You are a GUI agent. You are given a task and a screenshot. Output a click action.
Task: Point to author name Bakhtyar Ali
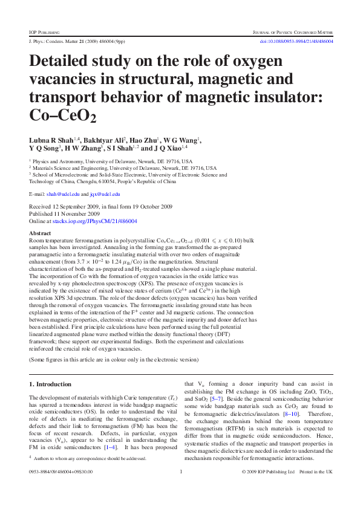pos(103,140)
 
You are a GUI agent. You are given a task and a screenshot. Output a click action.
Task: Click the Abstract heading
pos(40,233)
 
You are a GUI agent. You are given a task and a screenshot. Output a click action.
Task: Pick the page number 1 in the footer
pos(181,488)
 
